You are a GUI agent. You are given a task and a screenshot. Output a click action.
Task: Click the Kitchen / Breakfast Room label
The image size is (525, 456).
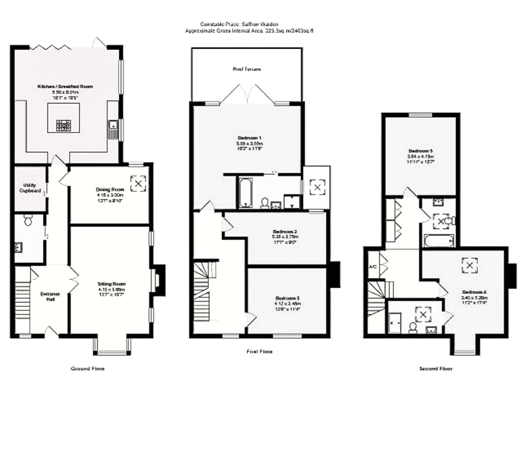(x=65, y=86)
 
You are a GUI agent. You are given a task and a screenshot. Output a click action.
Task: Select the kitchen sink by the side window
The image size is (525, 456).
(x=112, y=125)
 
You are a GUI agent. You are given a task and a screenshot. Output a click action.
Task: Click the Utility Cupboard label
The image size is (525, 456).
(x=30, y=188)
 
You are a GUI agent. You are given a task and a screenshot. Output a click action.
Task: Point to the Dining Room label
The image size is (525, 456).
(x=110, y=190)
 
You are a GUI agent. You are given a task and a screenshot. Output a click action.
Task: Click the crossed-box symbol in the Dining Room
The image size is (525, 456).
(x=138, y=184)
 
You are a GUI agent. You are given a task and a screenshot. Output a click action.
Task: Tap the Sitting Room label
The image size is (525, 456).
(x=112, y=284)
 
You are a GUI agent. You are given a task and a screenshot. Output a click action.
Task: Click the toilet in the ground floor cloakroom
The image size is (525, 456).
(x=28, y=221)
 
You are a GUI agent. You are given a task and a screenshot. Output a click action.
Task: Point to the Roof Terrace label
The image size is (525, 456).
(x=247, y=69)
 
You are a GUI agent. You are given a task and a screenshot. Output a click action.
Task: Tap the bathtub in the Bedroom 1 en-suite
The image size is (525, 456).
(x=246, y=193)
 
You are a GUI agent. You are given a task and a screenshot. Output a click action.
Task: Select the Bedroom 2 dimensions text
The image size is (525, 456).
(x=285, y=239)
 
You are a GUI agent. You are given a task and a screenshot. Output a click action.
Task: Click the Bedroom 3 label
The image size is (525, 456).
(x=287, y=298)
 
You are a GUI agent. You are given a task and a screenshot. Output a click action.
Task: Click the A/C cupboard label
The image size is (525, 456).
(x=373, y=267)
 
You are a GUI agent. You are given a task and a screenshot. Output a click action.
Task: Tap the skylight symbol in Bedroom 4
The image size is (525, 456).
(x=470, y=265)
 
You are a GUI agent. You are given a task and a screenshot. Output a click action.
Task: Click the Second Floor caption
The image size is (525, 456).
(x=436, y=369)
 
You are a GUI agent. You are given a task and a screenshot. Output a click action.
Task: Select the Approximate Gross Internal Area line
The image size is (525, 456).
(x=249, y=31)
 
